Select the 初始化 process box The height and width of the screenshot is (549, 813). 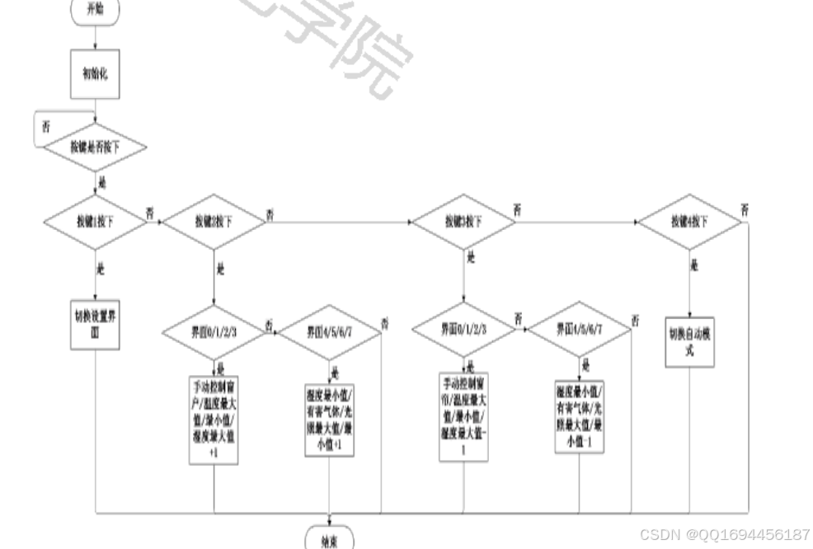click(95, 73)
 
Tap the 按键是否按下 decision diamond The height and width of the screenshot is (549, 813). click(95, 148)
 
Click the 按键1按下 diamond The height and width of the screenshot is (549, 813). click(95, 222)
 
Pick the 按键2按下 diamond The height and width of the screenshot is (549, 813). click(214, 222)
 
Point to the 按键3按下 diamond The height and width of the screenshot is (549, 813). click(463, 222)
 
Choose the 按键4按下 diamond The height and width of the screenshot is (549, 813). click(689, 222)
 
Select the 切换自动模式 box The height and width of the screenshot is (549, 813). click(689, 340)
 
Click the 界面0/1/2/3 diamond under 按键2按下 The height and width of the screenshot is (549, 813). click(214, 332)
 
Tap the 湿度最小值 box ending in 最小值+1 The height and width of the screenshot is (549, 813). click(330, 418)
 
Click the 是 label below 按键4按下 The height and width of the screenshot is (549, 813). click(694, 265)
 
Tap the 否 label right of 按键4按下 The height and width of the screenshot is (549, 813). click(745, 209)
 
